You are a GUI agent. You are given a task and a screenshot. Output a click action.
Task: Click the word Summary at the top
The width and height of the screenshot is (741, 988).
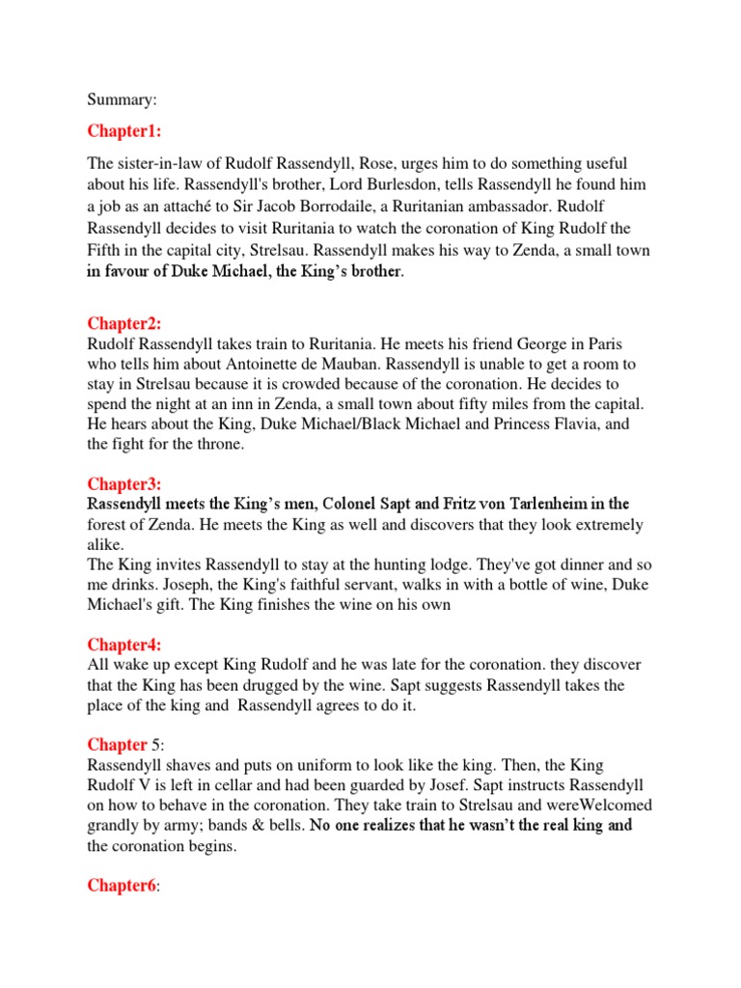[121, 99]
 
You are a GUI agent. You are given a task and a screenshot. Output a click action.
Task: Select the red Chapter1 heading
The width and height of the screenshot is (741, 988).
[124, 130]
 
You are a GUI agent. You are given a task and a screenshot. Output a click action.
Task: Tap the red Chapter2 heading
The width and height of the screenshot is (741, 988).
[124, 322]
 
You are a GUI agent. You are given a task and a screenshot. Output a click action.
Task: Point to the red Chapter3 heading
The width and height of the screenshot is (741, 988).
[124, 483]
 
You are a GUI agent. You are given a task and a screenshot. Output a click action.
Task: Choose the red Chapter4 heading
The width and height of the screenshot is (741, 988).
[124, 645]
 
